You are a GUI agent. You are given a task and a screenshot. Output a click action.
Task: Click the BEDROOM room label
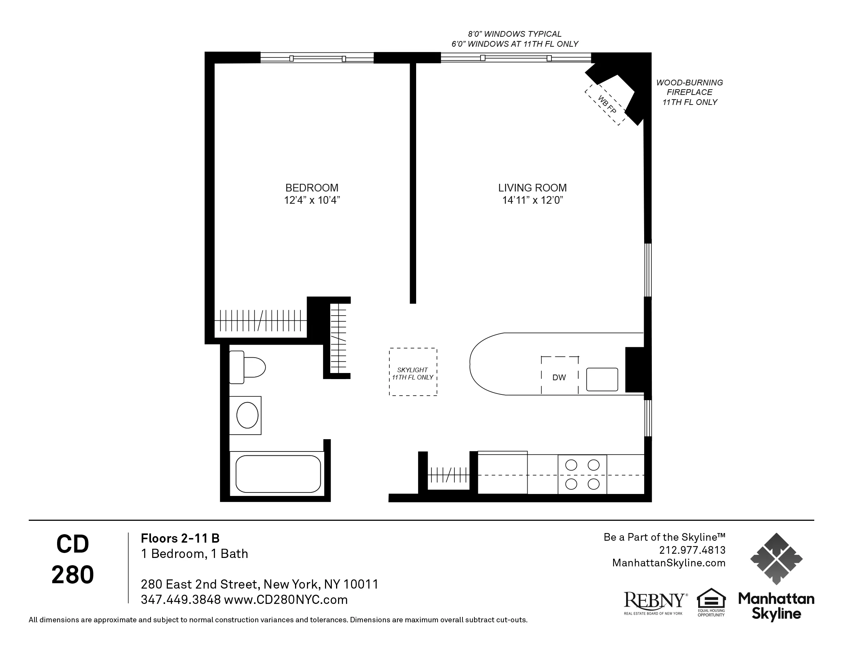(x=312, y=188)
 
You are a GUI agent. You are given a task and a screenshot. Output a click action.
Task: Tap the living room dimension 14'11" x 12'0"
(x=532, y=201)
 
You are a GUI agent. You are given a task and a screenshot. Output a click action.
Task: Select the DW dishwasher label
(x=559, y=378)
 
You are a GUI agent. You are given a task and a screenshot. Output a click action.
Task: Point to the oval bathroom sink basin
(x=247, y=415)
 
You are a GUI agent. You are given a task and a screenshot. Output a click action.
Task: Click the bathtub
(x=278, y=474)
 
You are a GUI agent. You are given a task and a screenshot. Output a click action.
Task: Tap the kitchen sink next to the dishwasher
(x=602, y=379)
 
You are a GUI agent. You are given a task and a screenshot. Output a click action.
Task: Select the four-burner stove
(x=582, y=474)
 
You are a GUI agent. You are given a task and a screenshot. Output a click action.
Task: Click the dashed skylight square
(x=413, y=372)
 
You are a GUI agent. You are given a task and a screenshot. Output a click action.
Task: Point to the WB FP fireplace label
(x=607, y=104)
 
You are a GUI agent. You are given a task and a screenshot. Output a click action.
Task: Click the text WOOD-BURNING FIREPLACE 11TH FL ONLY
(x=689, y=93)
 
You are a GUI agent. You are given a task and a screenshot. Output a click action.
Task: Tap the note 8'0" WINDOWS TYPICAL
(x=515, y=34)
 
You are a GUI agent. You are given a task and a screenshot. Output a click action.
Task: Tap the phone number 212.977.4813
(x=692, y=550)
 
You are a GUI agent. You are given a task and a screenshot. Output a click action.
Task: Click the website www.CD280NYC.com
(x=285, y=600)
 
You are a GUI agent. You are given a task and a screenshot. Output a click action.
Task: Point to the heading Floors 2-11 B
(x=180, y=538)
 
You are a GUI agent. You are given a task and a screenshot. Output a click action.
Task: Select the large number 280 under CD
(x=72, y=575)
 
